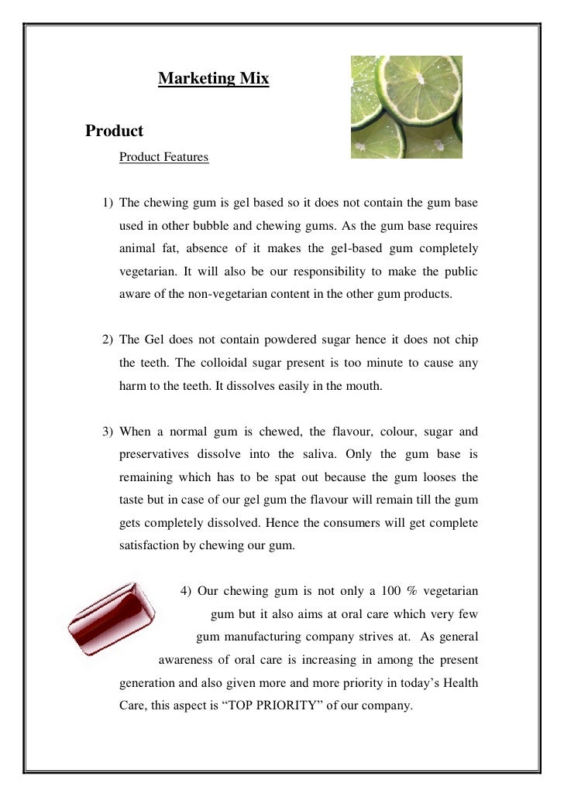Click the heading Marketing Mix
[x=213, y=79]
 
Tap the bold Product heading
[x=115, y=131]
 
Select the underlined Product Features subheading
[x=163, y=157]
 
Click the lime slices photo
[x=406, y=107]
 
